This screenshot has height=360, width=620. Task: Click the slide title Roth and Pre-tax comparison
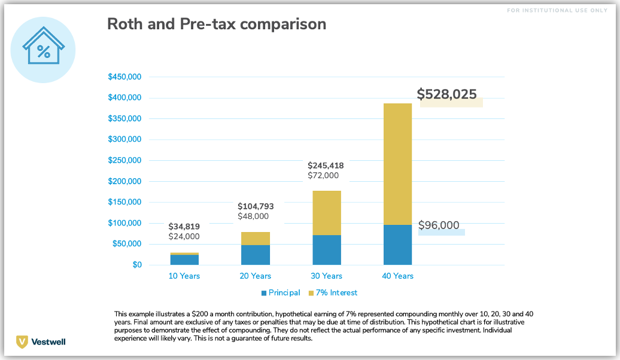(216, 24)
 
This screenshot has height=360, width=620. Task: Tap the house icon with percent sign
(43, 50)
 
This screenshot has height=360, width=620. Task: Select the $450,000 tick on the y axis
(124, 77)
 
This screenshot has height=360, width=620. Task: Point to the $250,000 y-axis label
(124, 160)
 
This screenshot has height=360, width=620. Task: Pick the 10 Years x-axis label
(184, 276)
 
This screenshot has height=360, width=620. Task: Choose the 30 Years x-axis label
(326, 276)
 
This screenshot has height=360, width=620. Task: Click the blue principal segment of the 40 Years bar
(397, 245)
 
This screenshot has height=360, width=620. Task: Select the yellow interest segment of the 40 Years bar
(397, 164)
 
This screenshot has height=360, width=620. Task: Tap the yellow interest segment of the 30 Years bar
(327, 212)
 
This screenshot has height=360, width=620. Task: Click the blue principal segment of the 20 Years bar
(256, 255)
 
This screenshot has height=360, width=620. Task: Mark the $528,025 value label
(446, 94)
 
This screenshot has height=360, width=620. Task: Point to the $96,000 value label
(439, 225)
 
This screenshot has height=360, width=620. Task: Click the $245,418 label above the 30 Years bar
(326, 165)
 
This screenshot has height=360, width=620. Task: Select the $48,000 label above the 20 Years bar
(253, 216)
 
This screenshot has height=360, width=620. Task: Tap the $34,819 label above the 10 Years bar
(184, 227)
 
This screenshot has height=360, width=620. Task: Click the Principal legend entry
(280, 293)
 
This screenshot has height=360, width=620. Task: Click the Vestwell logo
(41, 341)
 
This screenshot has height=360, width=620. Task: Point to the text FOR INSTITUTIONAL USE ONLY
(557, 11)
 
